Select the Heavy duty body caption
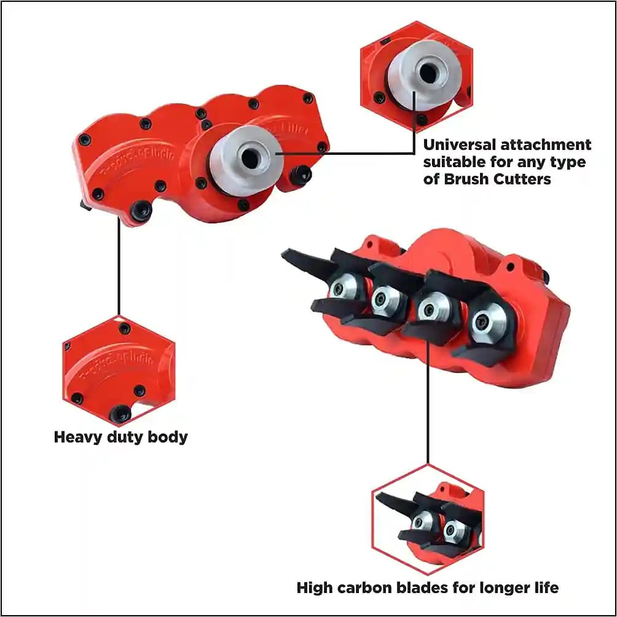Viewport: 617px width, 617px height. [120, 438]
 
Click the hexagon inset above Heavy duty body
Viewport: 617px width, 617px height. [118, 371]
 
